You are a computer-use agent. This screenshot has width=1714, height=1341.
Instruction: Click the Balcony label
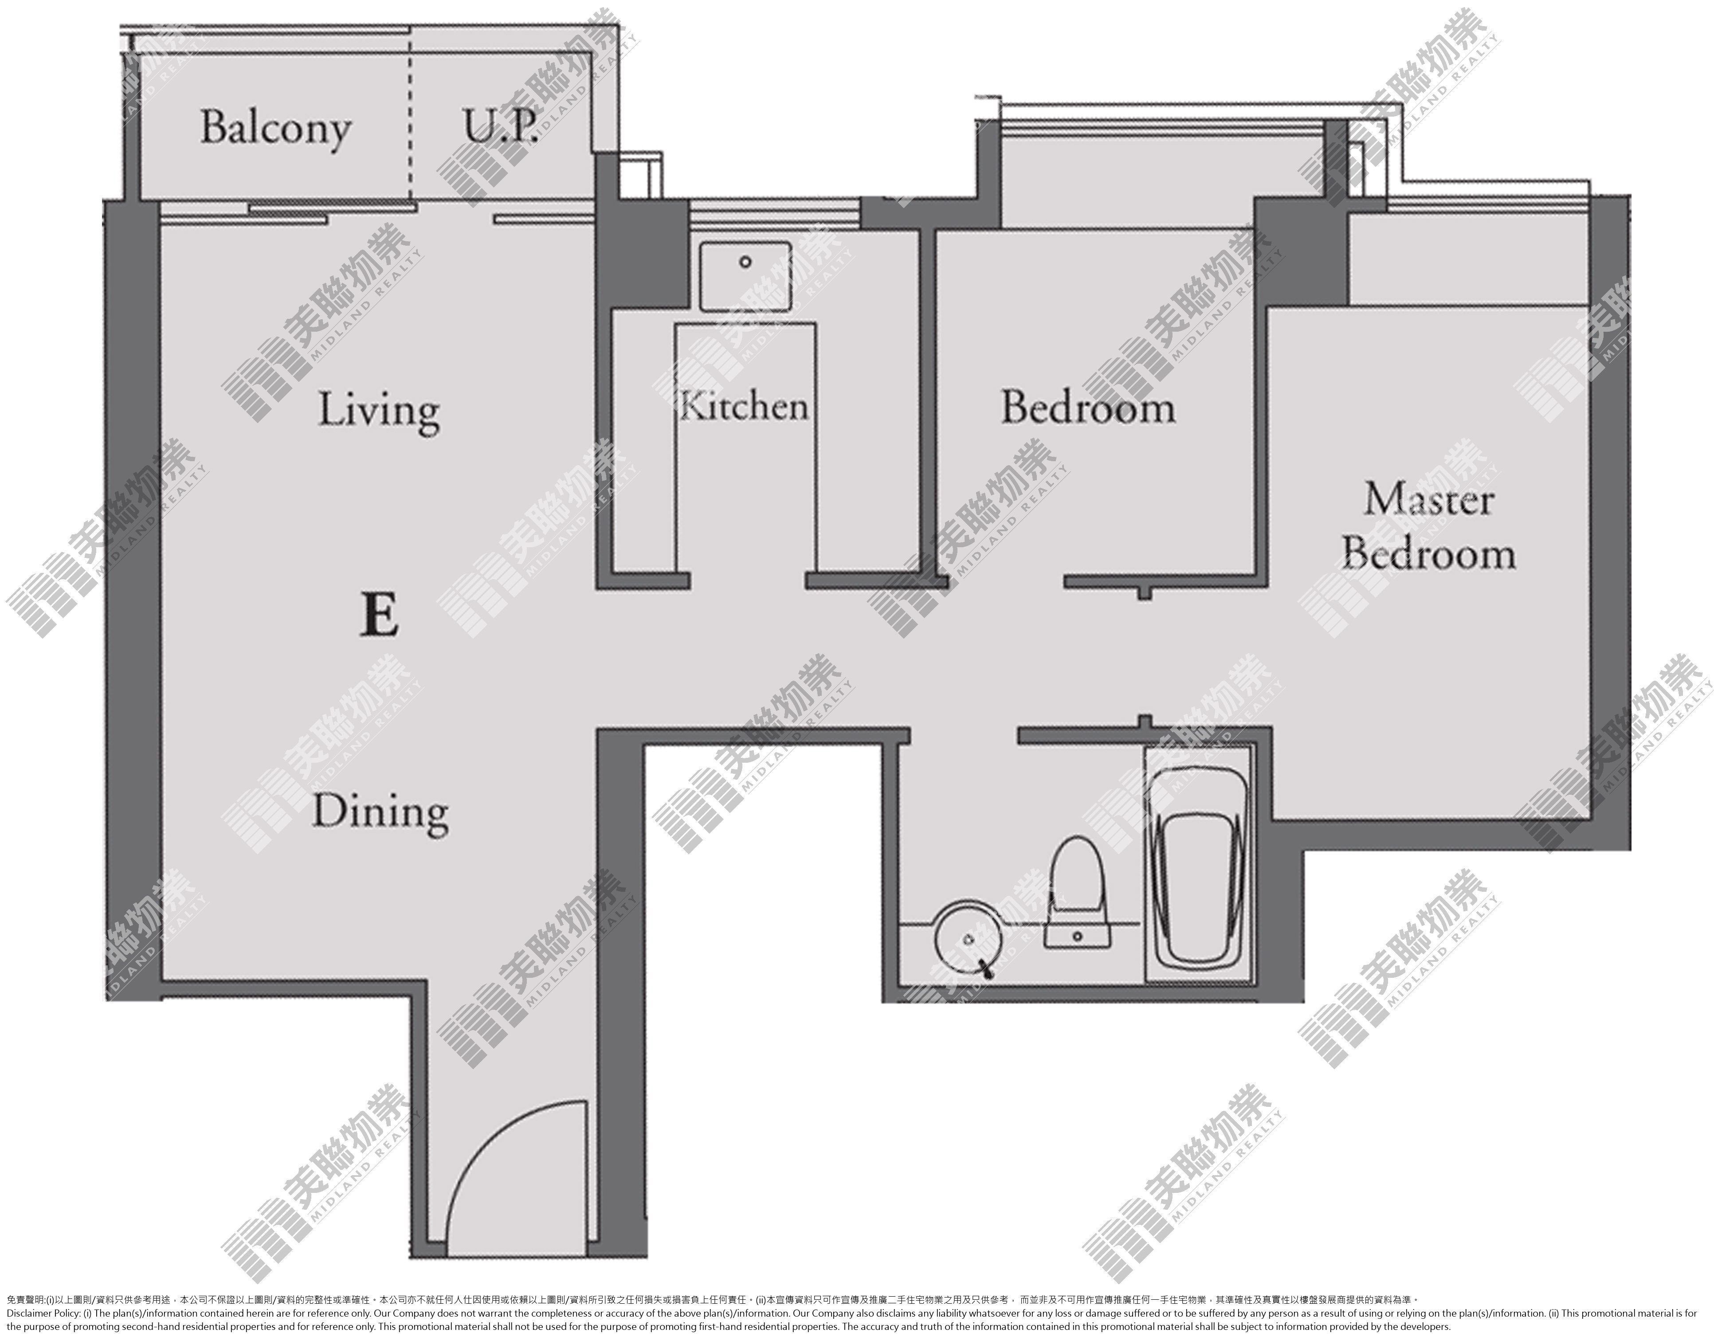tap(275, 129)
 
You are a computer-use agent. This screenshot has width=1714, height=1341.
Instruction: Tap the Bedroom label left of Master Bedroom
tap(1087, 408)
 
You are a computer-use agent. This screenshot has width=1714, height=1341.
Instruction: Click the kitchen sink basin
tap(745, 276)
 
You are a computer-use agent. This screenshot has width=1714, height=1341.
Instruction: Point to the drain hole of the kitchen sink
tap(745, 262)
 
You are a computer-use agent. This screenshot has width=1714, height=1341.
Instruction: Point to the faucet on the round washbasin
tap(983, 967)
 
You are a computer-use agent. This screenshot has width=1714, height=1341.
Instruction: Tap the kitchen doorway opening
tap(748, 581)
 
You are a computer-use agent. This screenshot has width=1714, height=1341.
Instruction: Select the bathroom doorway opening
tap(964, 736)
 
